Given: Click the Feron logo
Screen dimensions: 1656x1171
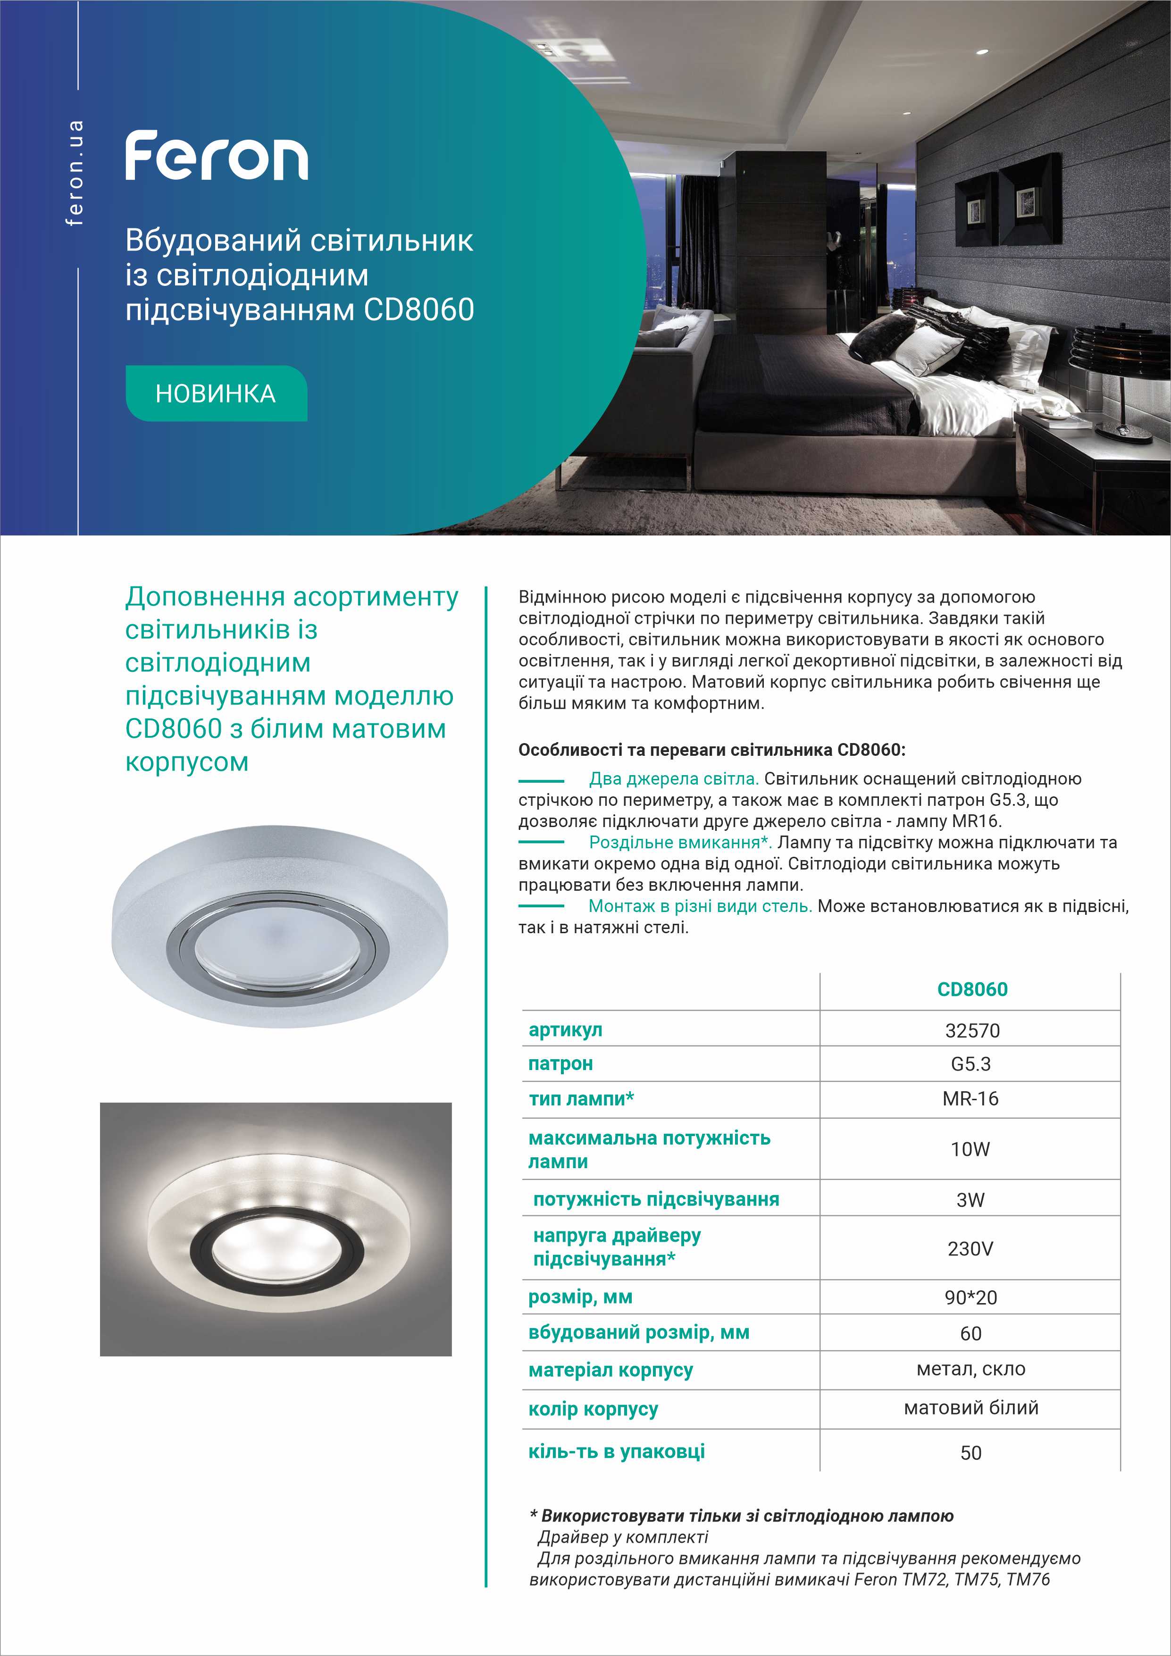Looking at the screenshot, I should pyautogui.click(x=216, y=156).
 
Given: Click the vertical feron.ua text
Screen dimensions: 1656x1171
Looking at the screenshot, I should pyautogui.click(x=74, y=174).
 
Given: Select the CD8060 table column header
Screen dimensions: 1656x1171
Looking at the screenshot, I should pyautogui.click(x=971, y=989).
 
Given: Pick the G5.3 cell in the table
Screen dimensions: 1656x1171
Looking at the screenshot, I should pyautogui.click(x=970, y=1064).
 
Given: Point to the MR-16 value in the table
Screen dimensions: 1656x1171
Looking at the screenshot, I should pyautogui.click(x=970, y=1099).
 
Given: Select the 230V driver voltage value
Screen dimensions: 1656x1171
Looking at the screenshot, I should pyautogui.click(x=970, y=1248).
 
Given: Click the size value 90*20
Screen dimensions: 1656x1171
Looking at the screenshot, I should pyautogui.click(x=970, y=1297).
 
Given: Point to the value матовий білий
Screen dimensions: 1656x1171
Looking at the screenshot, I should pyautogui.click(x=970, y=1407).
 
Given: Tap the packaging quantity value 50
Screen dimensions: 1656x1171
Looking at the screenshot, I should pyautogui.click(x=970, y=1453).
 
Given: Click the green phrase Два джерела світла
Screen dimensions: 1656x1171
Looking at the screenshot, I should pyautogui.click(x=673, y=779).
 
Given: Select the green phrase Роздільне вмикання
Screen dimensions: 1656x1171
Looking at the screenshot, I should pyautogui.click(x=679, y=843).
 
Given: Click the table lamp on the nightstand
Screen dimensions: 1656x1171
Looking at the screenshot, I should pyautogui.click(x=1107, y=375).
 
